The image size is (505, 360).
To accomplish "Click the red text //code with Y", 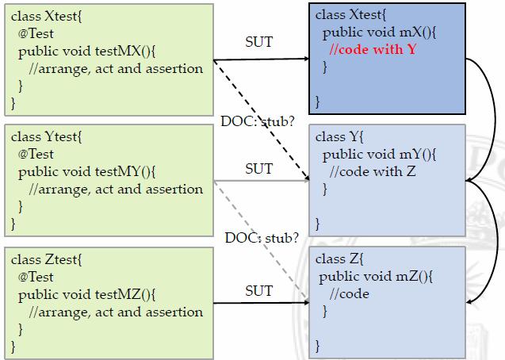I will click(373, 50).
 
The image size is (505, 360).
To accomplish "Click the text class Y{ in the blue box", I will click(341, 136).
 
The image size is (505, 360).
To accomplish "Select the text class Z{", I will click(340, 259).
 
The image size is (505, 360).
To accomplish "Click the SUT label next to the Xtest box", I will click(258, 41).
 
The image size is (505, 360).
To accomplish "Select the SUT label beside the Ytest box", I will click(258, 168).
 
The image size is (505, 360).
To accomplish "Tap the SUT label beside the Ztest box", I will click(258, 291).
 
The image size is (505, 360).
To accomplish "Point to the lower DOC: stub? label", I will click(262, 237).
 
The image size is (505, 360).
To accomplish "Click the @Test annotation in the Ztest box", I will click(36, 277).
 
